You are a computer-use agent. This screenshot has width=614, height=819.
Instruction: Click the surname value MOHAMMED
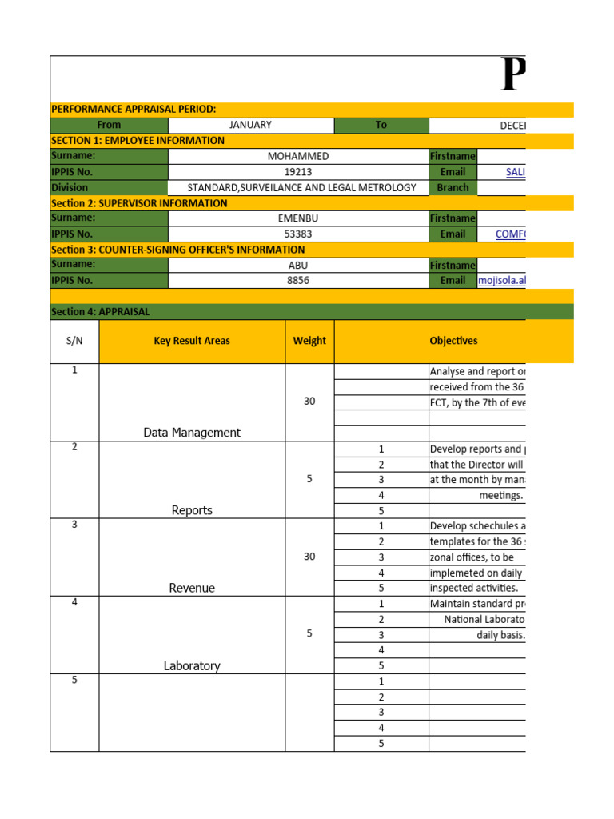pyautogui.click(x=298, y=157)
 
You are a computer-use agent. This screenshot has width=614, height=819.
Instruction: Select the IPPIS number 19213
pyautogui.click(x=297, y=172)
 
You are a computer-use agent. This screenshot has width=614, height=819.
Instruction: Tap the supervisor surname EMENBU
pyautogui.click(x=297, y=218)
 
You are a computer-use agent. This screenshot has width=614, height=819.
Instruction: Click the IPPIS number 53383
pyautogui.click(x=297, y=234)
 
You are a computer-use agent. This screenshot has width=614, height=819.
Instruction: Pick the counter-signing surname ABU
pyautogui.click(x=297, y=265)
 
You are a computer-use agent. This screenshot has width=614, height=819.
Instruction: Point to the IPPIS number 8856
pyautogui.click(x=297, y=281)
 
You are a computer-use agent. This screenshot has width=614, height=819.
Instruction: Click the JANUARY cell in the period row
pyautogui.click(x=250, y=125)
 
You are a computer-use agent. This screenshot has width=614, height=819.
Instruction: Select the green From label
pyautogui.click(x=109, y=125)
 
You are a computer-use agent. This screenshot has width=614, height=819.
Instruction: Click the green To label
pyautogui.click(x=381, y=125)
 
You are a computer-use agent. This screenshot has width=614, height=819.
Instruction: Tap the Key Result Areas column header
pyautogui.click(x=192, y=341)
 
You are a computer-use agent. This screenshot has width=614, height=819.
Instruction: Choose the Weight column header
pyautogui.click(x=309, y=341)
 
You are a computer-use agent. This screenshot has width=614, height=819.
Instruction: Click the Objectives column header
pyautogui.click(x=453, y=341)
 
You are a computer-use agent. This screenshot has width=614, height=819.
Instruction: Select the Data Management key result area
pyautogui.click(x=192, y=433)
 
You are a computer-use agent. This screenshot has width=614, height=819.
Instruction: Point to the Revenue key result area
pyautogui.click(x=192, y=588)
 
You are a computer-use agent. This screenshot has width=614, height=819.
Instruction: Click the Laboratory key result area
pyautogui.click(x=192, y=665)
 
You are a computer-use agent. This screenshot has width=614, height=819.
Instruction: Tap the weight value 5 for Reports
pyautogui.click(x=309, y=479)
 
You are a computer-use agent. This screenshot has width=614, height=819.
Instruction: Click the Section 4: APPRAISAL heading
pyautogui.click(x=100, y=312)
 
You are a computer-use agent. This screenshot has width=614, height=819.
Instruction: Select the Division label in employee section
pyautogui.click(x=70, y=188)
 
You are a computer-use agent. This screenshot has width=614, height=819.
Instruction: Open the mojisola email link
pyautogui.click(x=502, y=281)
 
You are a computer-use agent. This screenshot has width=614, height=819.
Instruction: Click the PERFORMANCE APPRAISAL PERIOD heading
pyautogui.click(x=134, y=110)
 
